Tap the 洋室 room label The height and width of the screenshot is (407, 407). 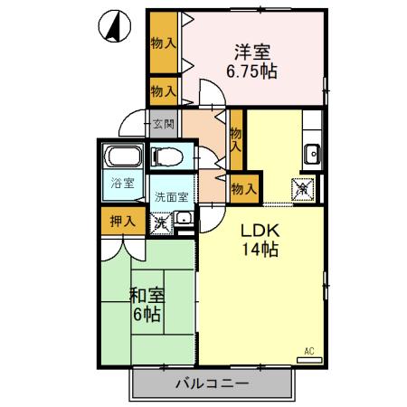(252, 52)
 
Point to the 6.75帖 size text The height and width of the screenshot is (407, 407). (252, 71)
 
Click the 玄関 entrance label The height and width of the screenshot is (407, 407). (164, 124)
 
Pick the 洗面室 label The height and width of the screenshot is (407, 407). (171, 196)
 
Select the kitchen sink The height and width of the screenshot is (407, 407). (313, 153)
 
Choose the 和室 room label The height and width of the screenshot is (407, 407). (146, 295)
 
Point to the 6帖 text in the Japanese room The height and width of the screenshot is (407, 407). (146, 315)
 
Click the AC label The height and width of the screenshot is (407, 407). (308, 350)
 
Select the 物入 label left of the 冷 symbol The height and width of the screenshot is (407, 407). (243, 188)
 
